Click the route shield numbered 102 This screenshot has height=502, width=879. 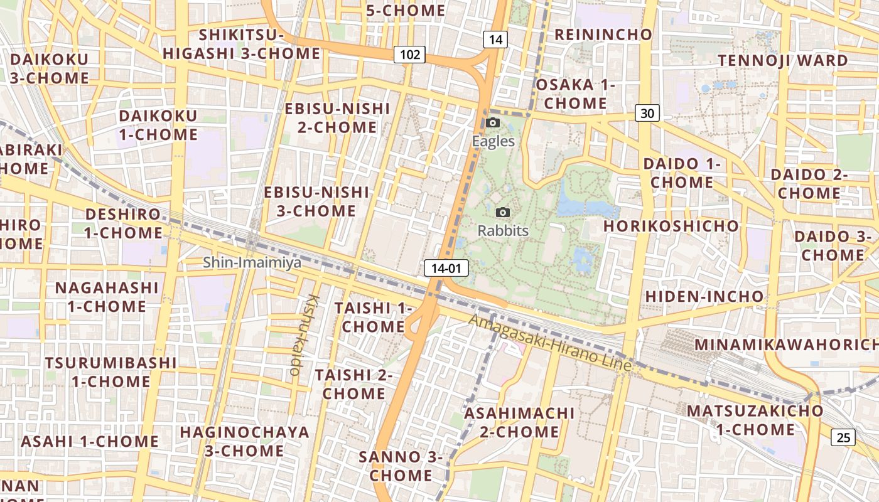409,55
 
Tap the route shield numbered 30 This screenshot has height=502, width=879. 647,113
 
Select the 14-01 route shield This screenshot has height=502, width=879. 446,269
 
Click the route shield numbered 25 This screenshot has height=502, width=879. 843,437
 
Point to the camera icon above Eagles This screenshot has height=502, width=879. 493,122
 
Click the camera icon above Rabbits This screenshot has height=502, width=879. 503,213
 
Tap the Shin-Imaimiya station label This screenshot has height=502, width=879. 252,263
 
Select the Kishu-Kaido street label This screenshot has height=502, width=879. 305,335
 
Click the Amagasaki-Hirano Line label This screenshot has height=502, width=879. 550,343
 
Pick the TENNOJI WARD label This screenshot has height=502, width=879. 782,60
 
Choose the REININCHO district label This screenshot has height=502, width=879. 603,35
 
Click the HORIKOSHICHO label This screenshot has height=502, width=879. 671,226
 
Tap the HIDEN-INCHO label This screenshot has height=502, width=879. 704,296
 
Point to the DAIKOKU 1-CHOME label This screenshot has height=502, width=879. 158,125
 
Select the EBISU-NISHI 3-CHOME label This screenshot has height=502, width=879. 316,201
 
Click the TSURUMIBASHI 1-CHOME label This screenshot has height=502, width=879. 111,372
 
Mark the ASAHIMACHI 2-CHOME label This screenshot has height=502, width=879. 519,422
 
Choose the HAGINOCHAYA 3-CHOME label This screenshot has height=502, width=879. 244,441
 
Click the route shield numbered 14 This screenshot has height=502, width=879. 495,40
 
